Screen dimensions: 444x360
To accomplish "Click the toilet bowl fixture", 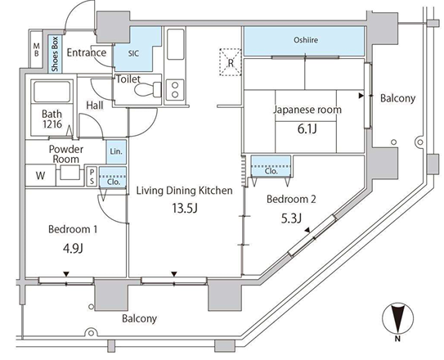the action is [148, 90].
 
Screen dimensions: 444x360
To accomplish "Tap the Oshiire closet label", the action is [306, 40].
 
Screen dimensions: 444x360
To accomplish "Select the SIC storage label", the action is [133, 53].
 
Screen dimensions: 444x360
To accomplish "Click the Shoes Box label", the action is [55, 54].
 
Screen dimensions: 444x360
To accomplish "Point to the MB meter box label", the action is [37, 50].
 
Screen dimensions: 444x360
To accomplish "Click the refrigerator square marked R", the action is [231, 62].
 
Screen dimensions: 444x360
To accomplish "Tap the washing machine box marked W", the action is [40, 176].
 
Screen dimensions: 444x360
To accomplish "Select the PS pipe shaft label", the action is [92, 176].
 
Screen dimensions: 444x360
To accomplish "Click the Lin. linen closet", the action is [116, 151].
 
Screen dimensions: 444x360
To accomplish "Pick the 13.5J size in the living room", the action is [185, 208].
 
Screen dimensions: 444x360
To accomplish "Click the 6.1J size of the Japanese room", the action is [307, 129].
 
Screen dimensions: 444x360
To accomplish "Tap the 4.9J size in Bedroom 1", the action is [73, 249].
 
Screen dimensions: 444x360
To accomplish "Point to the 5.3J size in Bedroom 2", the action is [291, 218].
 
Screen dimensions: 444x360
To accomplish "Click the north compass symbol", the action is [398, 317].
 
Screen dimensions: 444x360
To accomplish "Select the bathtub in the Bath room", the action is [52, 91].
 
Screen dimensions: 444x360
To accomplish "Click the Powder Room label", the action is [66, 154].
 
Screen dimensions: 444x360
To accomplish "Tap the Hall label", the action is [95, 106].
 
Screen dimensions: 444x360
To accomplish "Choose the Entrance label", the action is [87, 52].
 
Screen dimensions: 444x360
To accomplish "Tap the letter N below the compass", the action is [397, 339].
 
